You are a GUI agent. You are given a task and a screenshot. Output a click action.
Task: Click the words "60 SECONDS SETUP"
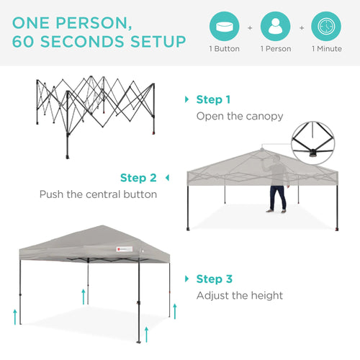[98, 40]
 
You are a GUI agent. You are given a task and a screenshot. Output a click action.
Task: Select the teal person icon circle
[275, 27]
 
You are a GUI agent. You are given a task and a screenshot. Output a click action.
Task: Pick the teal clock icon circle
[327, 27]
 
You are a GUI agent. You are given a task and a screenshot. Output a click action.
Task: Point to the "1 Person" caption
[275, 49]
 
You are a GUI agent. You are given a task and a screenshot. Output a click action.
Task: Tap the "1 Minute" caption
[327, 49]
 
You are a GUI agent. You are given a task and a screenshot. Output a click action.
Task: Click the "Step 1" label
[214, 99]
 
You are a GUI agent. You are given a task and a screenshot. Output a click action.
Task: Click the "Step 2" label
[138, 177]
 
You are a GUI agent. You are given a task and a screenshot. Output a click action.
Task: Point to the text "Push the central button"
[98, 194]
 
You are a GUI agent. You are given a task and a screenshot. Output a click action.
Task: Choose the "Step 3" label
[214, 279]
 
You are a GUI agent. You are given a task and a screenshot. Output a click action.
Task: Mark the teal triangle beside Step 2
[167, 177]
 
